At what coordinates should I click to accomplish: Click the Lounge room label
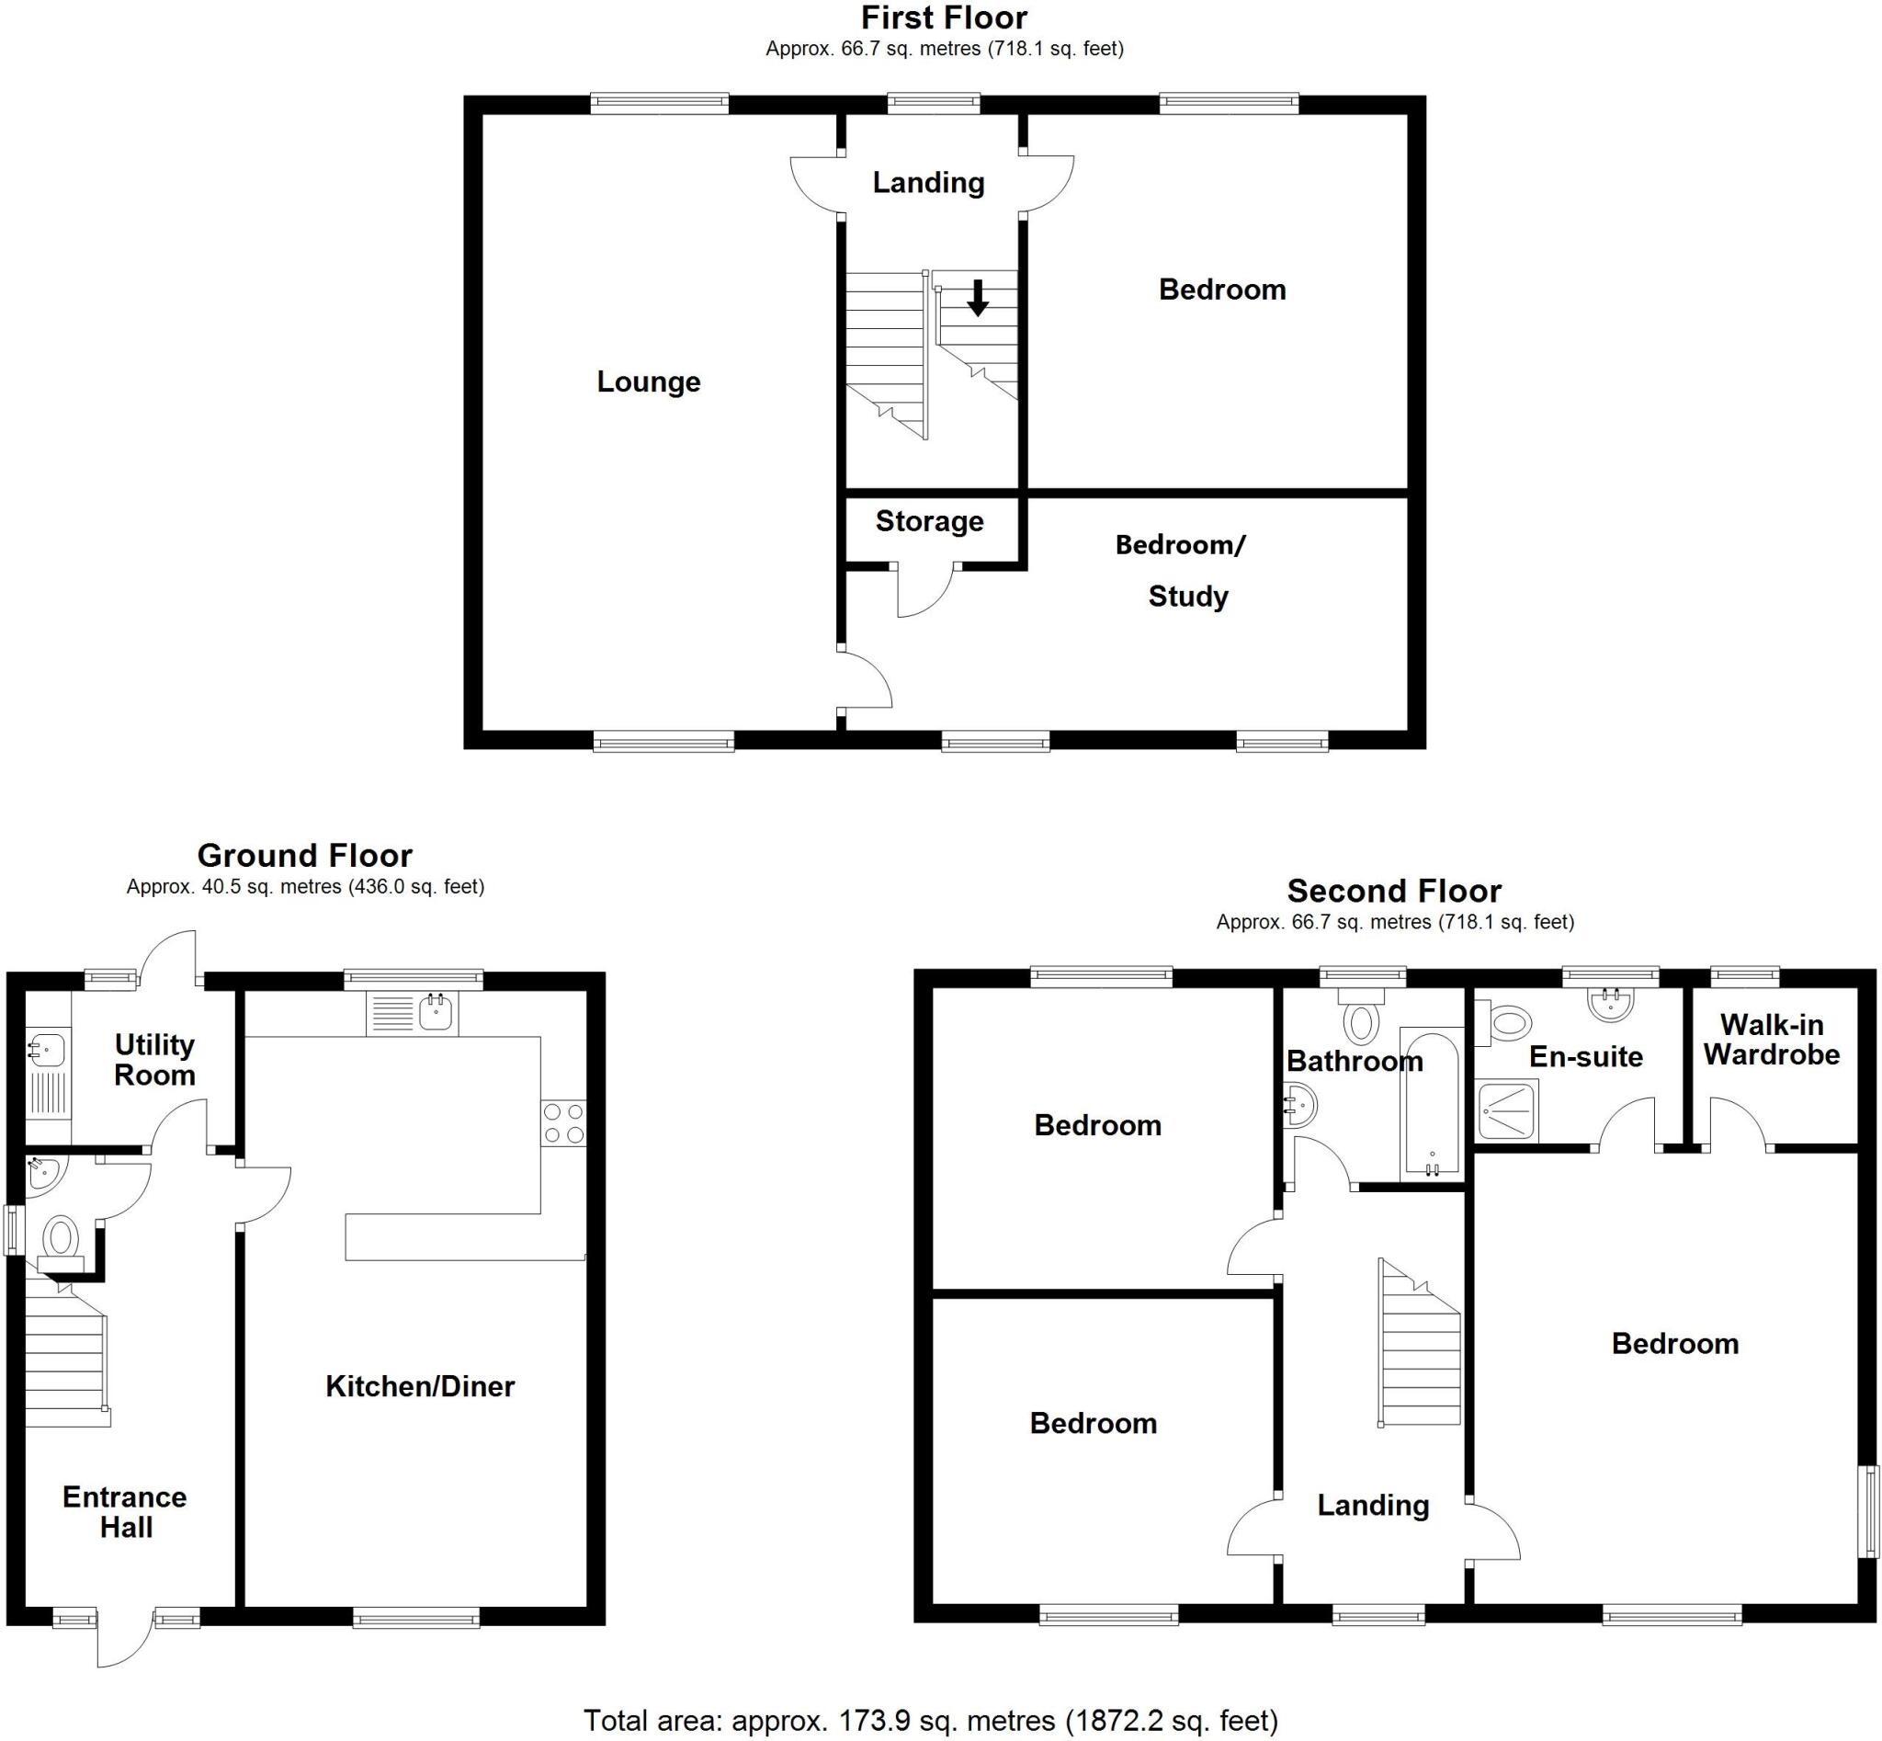pyautogui.click(x=648, y=381)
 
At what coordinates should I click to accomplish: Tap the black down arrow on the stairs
pyautogui.click(x=978, y=298)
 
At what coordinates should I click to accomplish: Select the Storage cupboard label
pyautogui.click(x=929, y=521)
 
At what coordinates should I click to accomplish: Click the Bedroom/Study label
pyautogui.click(x=1184, y=570)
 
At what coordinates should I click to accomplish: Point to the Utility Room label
pyautogui.click(x=154, y=1060)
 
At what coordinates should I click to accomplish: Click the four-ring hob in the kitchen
pyautogui.click(x=563, y=1123)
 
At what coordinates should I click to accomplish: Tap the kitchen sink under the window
pyautogui.click(x=436, y=1014)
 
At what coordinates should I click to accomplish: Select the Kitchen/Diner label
pyautogui.click(x=420, y=1386)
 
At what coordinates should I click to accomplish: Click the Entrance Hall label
pyautogui.click(x=125, y=1512)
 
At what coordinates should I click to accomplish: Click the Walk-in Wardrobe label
pyautogui.click(x=1771, y=1039)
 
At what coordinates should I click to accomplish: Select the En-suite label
pyautogui.click(x=1585, y=1057)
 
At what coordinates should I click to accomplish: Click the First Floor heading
pyautogui.click(x=944, y=17)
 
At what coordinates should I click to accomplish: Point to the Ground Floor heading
pyautogui.click(x=304, y=856)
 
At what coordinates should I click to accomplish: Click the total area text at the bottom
pyautogui.click(x=931, y=1720)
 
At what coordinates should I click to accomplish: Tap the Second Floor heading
pyautogui.click(x=1394, y=891)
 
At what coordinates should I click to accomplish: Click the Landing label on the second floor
pyautogui.click(x=1372, y=1506)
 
